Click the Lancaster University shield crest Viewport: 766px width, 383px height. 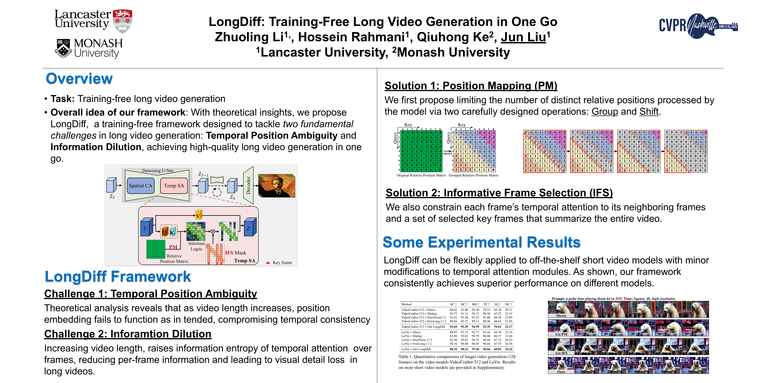coord(123,21)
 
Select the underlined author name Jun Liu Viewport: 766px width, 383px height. coord(523,37)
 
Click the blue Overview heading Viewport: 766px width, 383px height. coord(79,79)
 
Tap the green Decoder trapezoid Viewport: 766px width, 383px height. coord(248,185)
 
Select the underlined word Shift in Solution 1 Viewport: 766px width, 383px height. coord(649,112)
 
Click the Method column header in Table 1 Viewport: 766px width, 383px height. coord(406,304)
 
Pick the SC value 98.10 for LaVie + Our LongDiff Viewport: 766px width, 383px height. coord(453,349)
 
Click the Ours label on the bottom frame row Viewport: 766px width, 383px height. coord(561,372)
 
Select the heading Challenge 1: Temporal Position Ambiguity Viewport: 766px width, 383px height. coord(150,294)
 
